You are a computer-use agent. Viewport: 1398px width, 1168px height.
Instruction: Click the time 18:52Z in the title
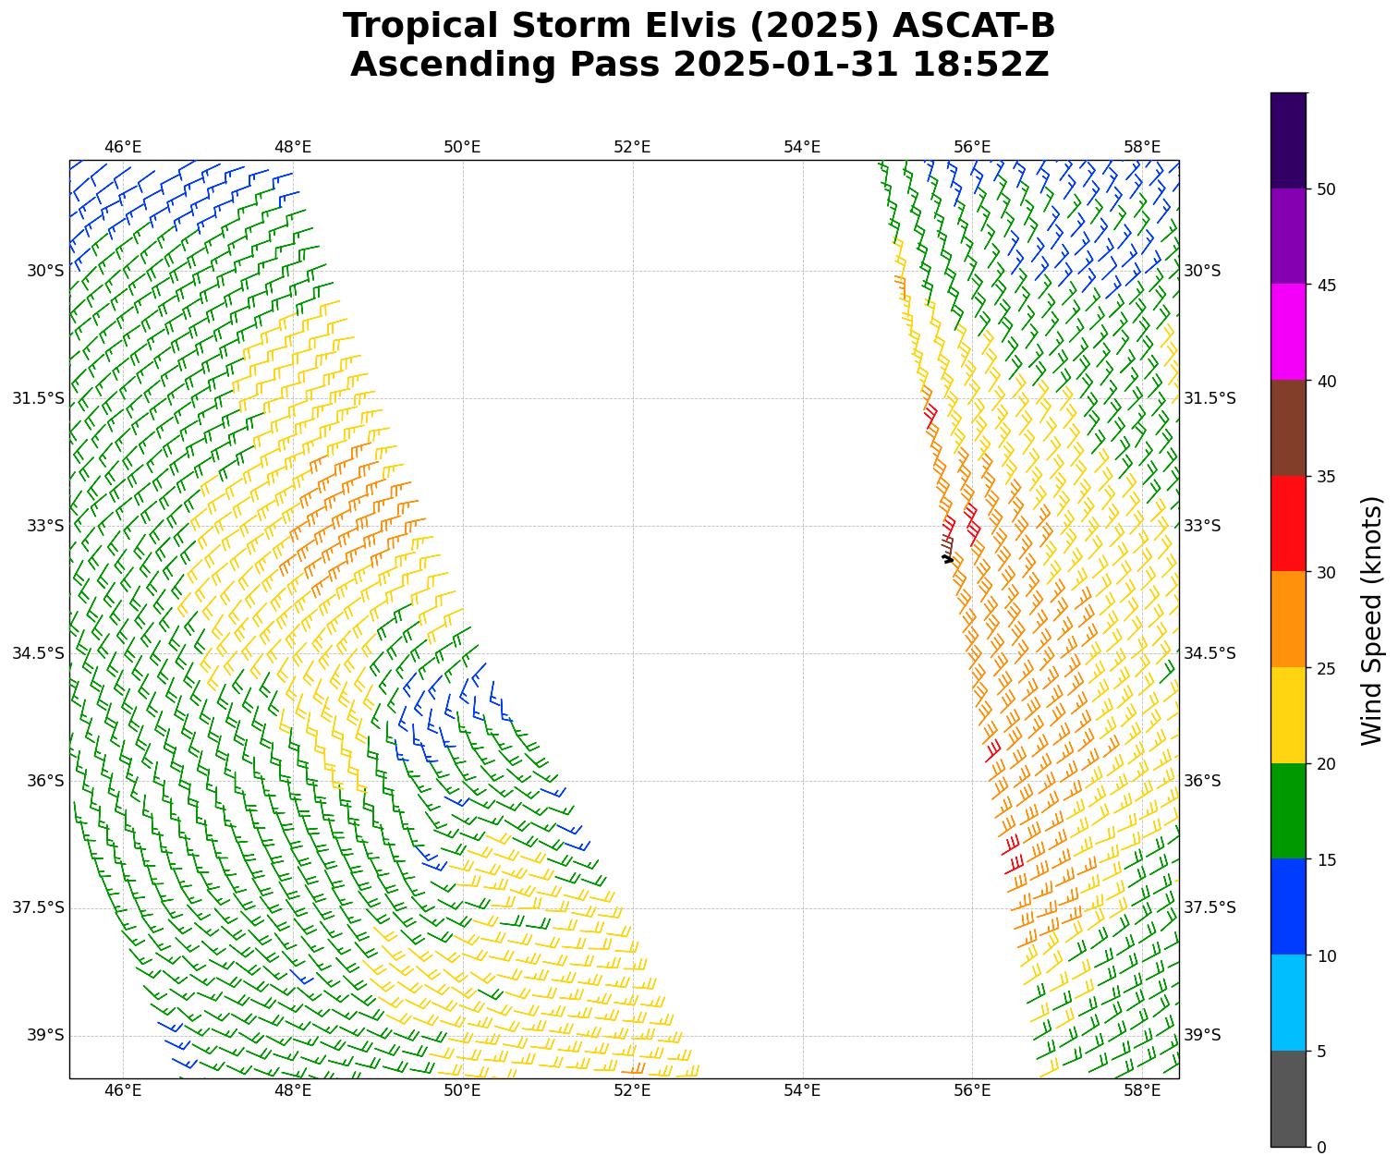point(980,66)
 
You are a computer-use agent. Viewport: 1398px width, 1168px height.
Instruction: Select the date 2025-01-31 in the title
point(784,66)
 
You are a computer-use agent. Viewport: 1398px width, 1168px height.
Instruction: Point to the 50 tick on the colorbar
point(1326,189)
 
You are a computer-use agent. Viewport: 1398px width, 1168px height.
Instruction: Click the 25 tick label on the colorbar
point(1326,668)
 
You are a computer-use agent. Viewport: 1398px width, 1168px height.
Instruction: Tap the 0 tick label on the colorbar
point(1321,1148)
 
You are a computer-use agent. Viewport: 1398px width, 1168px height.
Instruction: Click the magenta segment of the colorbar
point(1288,332)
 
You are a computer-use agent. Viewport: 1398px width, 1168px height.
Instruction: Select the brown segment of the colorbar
point(1288,428)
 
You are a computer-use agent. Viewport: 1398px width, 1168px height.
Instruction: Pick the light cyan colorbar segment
point(1288,1003)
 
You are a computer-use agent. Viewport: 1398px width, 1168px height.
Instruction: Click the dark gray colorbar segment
point(1288,1099)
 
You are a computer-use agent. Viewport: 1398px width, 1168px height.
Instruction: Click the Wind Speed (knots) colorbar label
point(1372,620)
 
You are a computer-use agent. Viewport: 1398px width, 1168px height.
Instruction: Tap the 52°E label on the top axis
point(632,147)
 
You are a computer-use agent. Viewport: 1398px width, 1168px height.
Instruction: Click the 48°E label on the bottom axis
point(293,1091)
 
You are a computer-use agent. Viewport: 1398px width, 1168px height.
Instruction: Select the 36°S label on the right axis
point(1202,781)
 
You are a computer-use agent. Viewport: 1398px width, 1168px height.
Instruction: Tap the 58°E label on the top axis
point(1142,147)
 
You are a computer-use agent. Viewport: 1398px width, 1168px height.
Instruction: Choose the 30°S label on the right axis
point(1202,271)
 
